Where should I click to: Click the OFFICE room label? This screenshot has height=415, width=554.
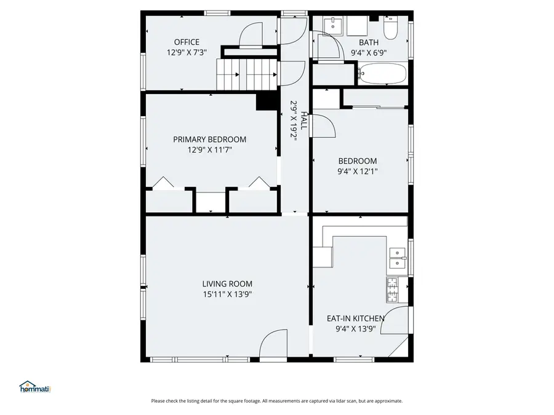(187, 42)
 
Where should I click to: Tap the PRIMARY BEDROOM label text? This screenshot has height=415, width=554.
(209, 140)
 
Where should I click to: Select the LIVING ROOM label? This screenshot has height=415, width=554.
(227, 284)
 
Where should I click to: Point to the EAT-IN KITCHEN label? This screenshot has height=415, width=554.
(355, 318)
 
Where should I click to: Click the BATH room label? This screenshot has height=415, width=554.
(369, 42)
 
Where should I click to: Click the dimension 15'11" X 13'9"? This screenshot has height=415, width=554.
(227, 294)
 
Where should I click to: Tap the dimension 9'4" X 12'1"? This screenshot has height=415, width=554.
(357, 172)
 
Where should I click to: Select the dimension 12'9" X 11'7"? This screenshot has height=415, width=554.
(209, 149)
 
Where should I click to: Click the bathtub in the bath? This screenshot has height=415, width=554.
(382, 75)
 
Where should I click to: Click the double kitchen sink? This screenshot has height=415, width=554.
(398, 258)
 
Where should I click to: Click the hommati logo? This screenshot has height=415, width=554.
(34, 387)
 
